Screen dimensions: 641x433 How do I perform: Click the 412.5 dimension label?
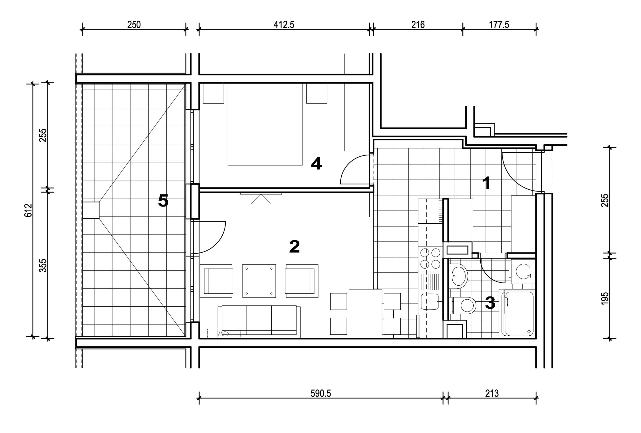[x=284, y=25]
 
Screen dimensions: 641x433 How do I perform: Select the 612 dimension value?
[x=28, y=210]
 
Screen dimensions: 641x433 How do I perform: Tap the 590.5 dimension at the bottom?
[x=320, y=393]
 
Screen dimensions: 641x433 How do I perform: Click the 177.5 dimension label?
[x=499, y=25]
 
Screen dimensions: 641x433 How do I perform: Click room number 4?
[x=316, y=164]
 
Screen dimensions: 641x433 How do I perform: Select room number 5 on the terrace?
[x=163, y=200]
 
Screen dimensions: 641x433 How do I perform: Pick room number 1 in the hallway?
[x=487, y=183]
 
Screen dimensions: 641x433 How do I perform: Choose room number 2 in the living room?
[x=294, y=246]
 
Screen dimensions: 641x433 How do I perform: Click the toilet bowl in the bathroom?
[x=464, y=305]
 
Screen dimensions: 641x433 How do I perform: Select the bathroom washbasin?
[x=458, y=276]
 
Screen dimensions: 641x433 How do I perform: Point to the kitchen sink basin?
[x=430, y=302]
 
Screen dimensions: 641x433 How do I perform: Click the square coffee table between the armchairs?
[x=259, y=281]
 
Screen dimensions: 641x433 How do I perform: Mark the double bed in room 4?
[x=265, y=124]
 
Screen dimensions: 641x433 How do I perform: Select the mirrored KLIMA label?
[x=224, y=333]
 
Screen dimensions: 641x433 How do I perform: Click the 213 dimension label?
[x=492, y=393]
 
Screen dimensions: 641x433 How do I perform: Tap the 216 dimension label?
[x=418, y=25]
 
